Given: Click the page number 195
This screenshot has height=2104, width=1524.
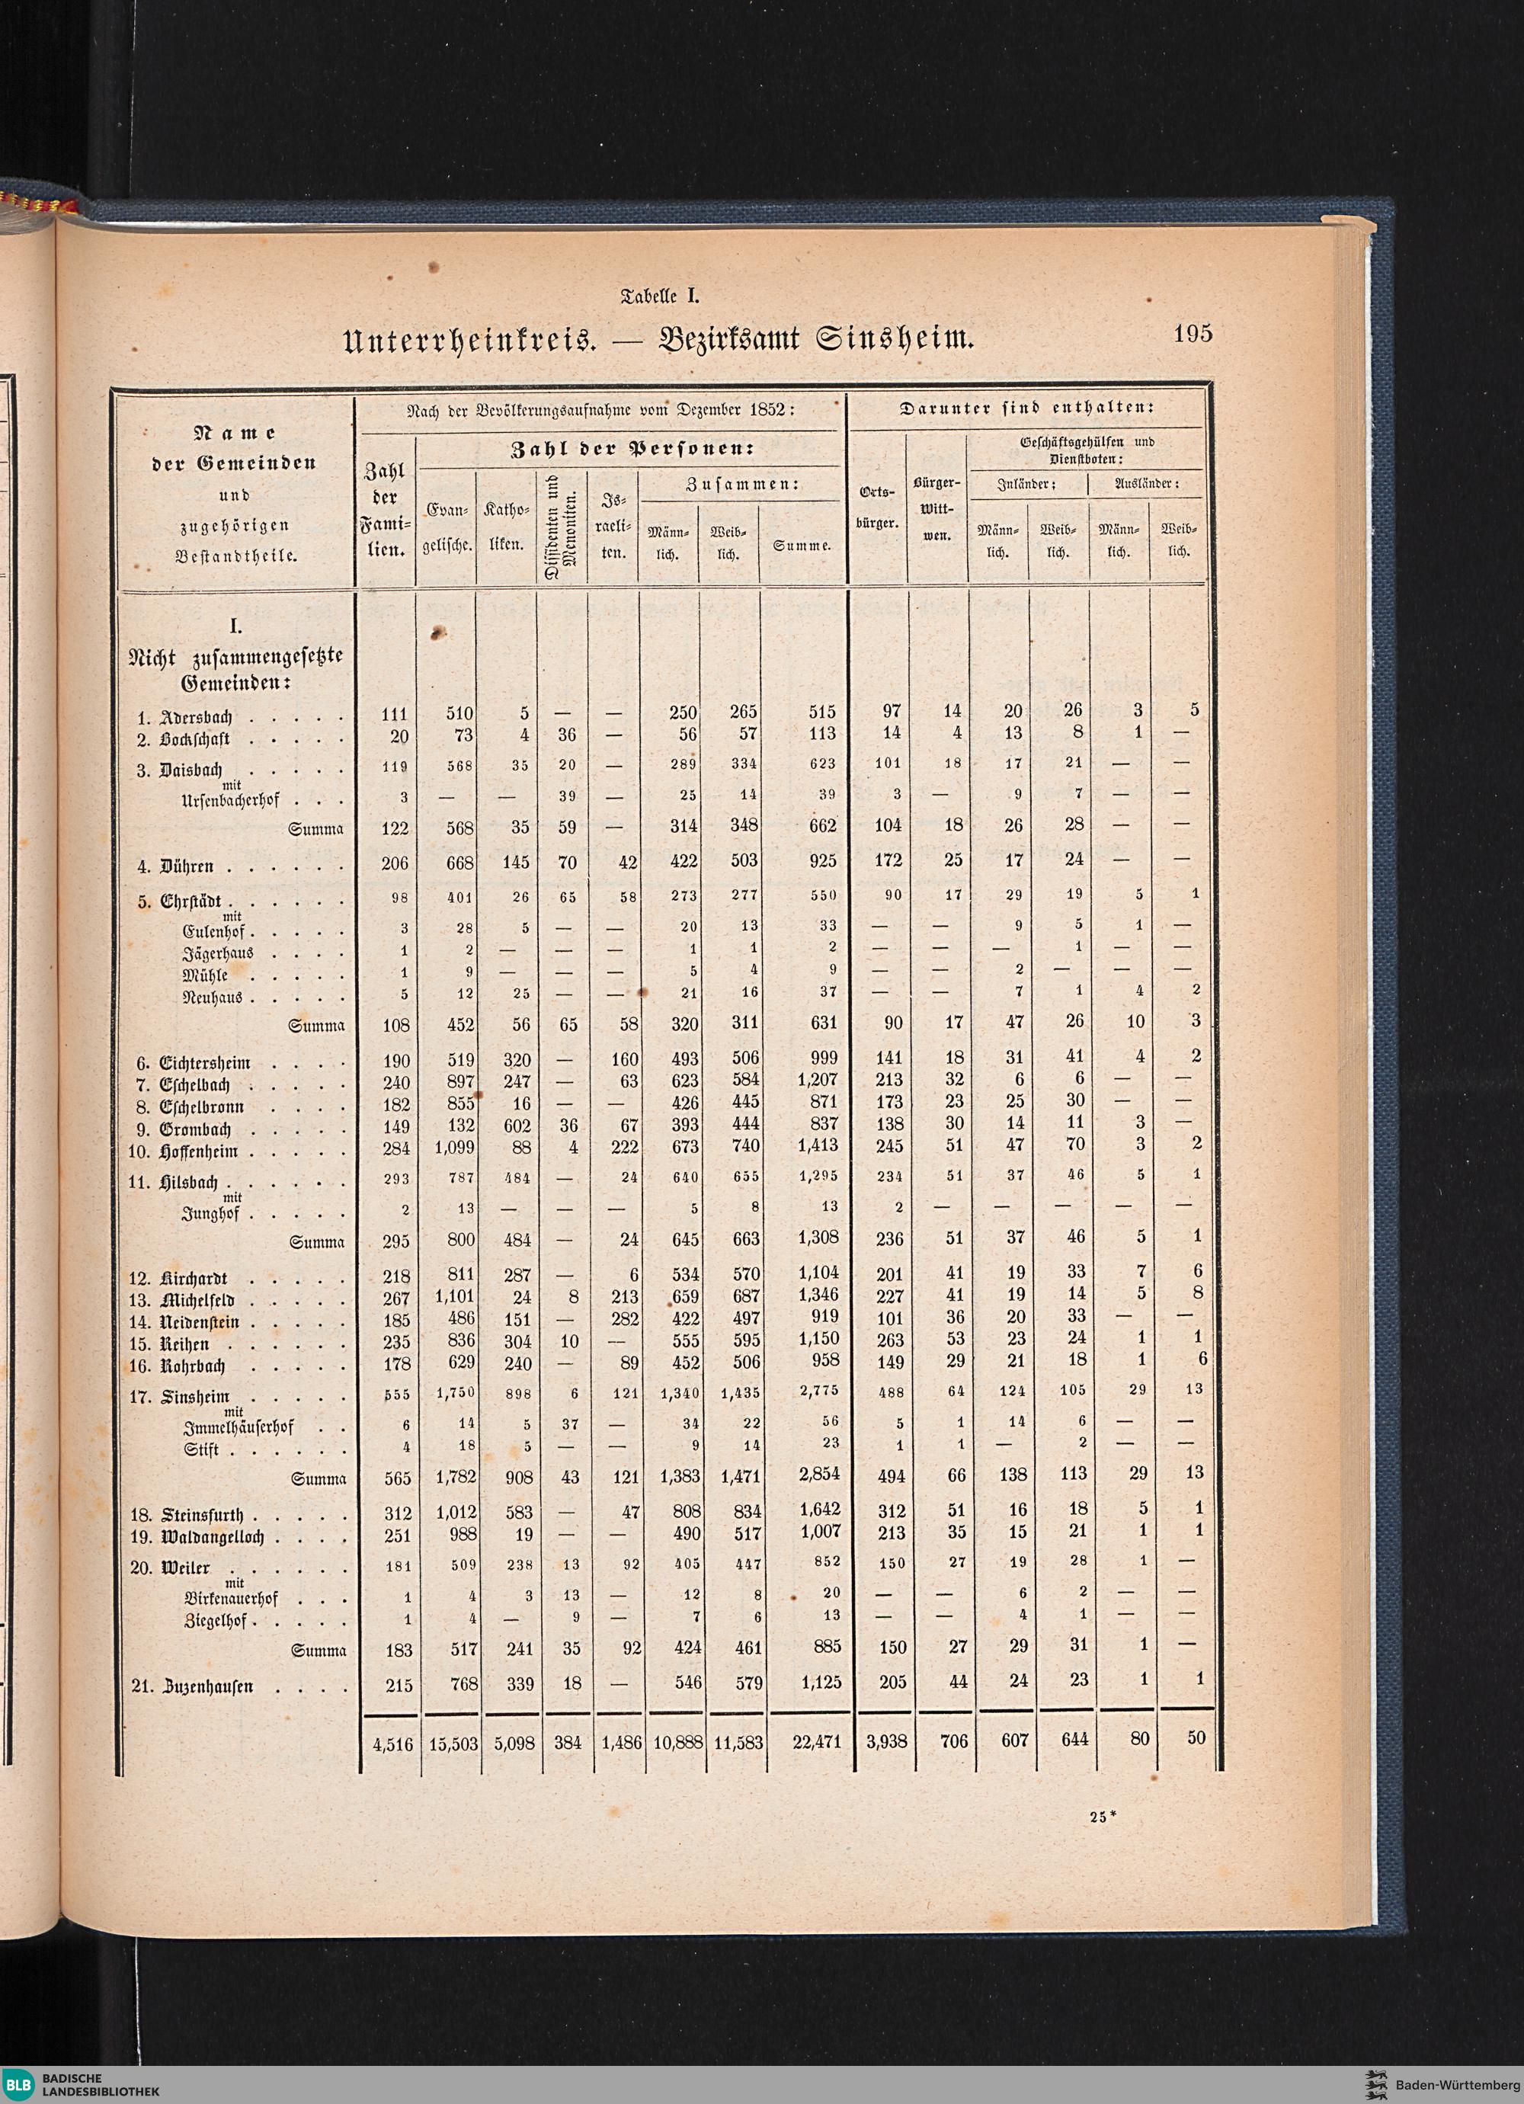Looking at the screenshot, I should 1192,334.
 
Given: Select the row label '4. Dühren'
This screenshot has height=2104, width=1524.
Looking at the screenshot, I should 175,866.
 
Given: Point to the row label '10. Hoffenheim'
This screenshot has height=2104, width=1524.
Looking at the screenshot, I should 184,1152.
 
